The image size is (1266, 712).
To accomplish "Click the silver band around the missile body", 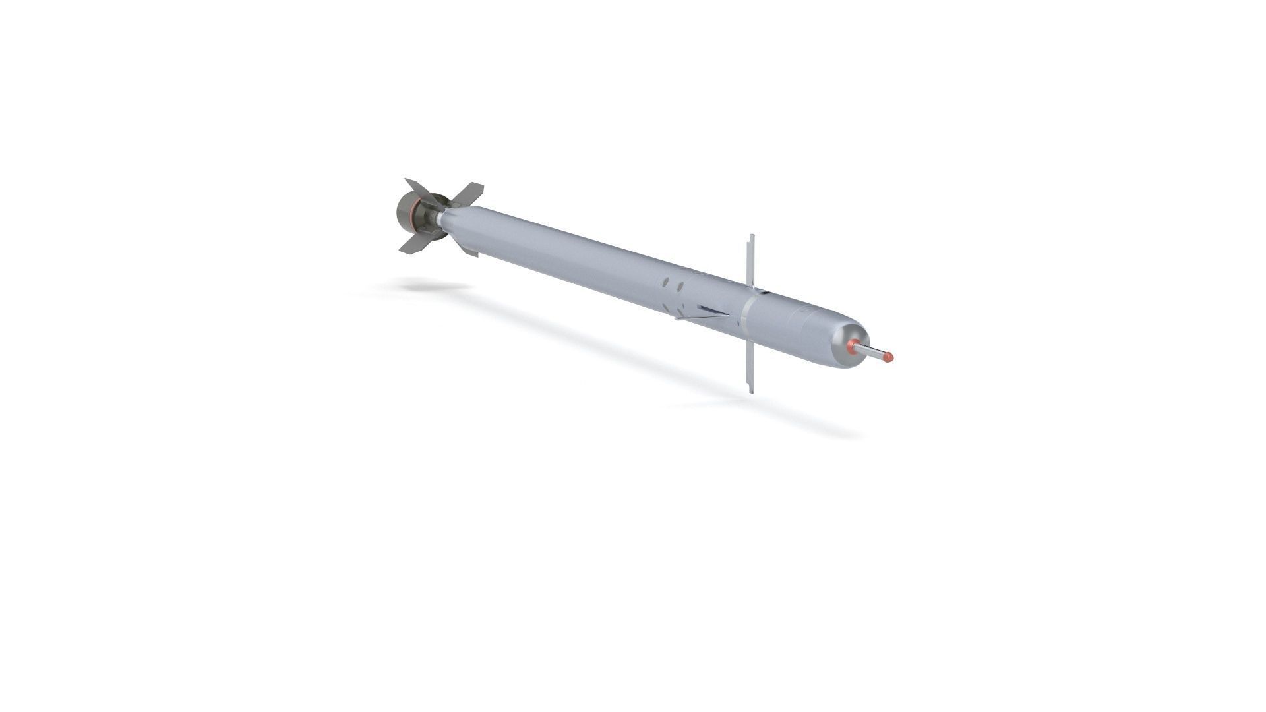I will (744, 314).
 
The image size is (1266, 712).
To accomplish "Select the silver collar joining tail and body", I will (437, 217).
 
